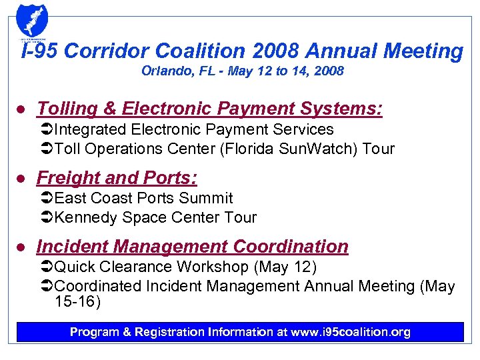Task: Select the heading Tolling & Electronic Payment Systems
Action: pos(209,109)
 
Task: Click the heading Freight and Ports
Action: pos(117,178)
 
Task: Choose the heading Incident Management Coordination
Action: pos(192,247)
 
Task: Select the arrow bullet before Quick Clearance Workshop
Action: pos(47,267)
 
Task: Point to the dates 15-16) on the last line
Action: pos(77,303)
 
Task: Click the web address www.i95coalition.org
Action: pos(351,332)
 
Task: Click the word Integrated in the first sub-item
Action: pos(90,129)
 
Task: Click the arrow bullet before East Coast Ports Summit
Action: pos(47,198)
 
